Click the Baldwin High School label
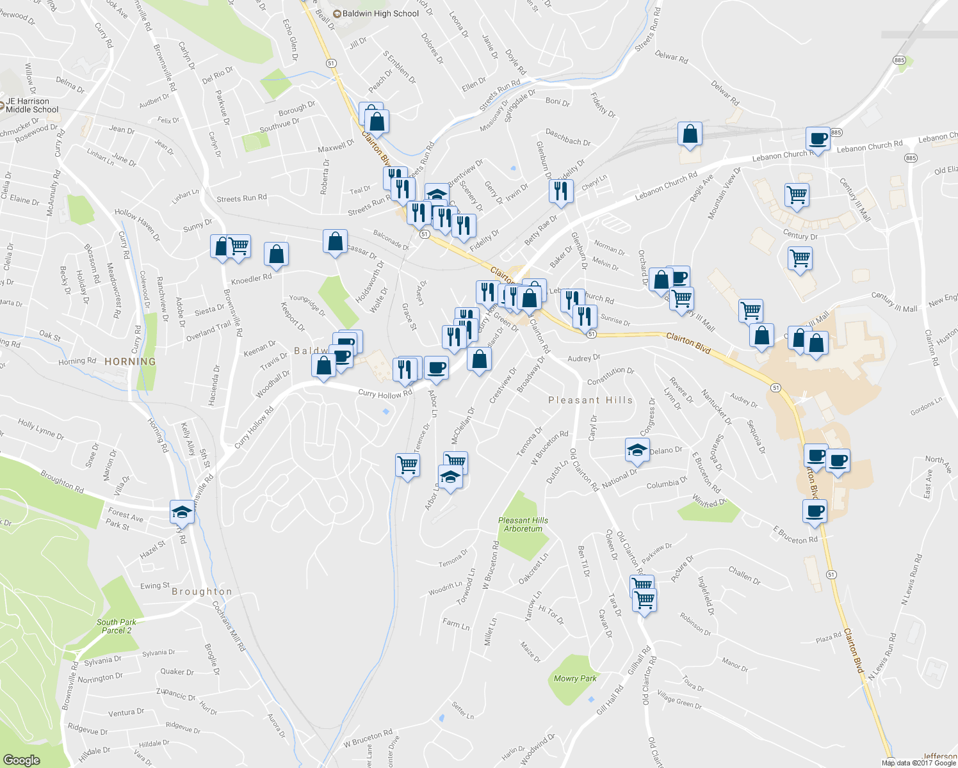click(x=380, y=13)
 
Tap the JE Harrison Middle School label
click(x=32, y=106)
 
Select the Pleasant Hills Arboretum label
click(x=523, y=525)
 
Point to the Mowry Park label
click(x=575, y=678)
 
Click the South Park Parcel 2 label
click(x=117, y=626)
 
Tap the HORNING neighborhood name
click(x=130, y=362)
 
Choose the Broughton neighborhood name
click(x=202, y=591)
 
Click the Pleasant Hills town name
click(x=590, y=400)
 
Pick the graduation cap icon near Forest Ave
click(x=182, y=511)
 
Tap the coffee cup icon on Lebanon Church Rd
click(x=818, y=138)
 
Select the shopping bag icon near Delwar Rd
click(x=690, y=134)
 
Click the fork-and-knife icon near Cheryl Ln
click(x=560, y=191)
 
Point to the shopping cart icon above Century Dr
click(x=797, y=195)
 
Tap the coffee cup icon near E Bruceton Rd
click(x=815, y=511)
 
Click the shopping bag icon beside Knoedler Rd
click(x=276, y=254)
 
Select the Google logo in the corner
click(x=21, y=760)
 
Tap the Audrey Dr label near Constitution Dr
click(x=583, y=358)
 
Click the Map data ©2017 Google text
click(x=918, y=762)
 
